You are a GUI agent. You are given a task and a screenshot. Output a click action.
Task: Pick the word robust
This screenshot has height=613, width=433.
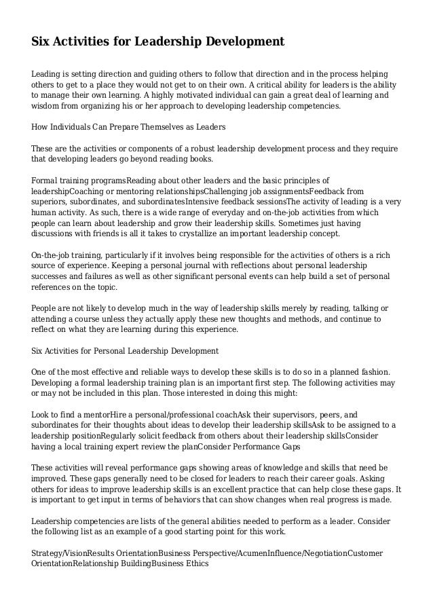(x=201, y=148)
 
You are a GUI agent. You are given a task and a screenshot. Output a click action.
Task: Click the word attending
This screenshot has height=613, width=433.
(x=50, y=318)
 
